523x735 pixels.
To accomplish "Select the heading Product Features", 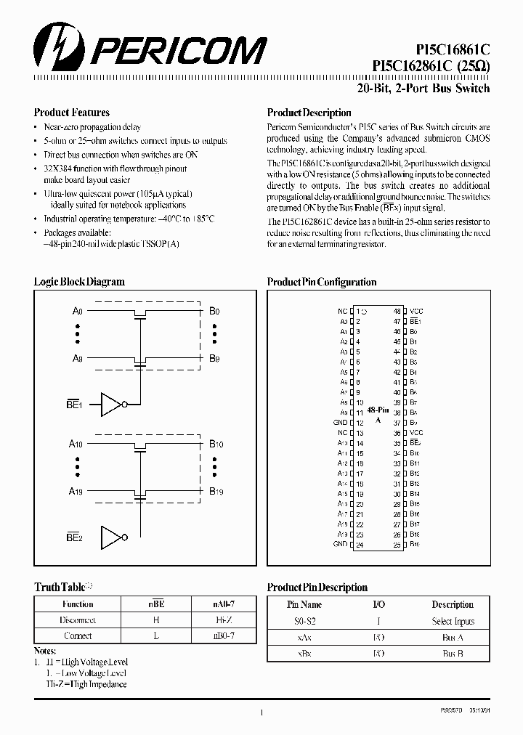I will click(72, 113).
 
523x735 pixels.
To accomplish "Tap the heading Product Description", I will click(309, 113).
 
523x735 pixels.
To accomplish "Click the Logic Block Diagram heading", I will click(79, 282).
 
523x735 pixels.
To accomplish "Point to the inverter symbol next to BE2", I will click(113, 537).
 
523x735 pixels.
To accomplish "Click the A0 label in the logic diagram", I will click(78, 311).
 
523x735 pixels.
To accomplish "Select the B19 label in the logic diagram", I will click(216, 492).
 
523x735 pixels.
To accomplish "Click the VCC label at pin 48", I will click(415, 310).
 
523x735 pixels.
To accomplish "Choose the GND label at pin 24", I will click(340, 544).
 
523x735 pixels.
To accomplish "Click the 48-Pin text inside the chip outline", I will click(377, 410).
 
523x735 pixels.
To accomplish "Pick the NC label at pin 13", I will click(342, 432).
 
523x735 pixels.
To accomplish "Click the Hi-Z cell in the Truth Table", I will click(223, 620).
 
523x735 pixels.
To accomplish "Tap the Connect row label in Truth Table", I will click(78, 635).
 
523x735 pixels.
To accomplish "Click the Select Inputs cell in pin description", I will click(453, 621).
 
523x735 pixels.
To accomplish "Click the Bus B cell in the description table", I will click(453, 654).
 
